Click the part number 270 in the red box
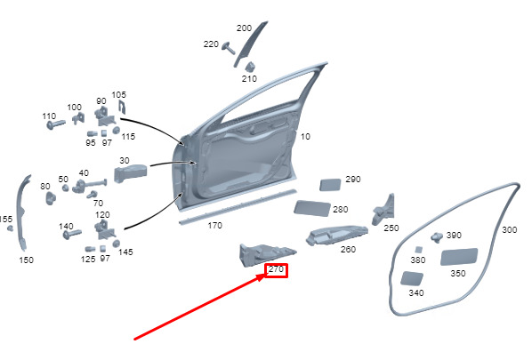click(x=276, y=269)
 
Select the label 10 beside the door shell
click(x=305, y=137)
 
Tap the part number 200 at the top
click(x=244, y=28)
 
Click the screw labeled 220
click(x=229, y=48)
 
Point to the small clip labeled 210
click(x=250, y=67)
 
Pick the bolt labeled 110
click(x=56, y=124)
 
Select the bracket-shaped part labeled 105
click(x=122, y=107)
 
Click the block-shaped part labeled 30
click(x=130, y=173)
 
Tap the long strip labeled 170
click(x=238, y=207)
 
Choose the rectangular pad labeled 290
click(x=330, y=185)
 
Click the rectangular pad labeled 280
click(x=311, y=208)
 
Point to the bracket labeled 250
click(x=384, y=210)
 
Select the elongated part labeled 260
click(x=337, y=235)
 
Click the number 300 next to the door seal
click(x=509, y=230)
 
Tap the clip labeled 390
click(x=437, y=237)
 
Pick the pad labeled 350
click(x=459, y=257)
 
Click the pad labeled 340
click(x=412, y=278)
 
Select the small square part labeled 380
click(x=419, y=250)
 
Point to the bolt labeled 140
click(x=72, y=235)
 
